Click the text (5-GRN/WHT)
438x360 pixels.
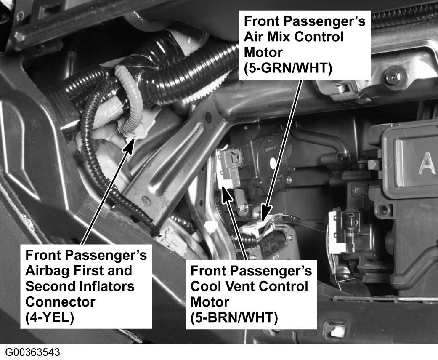pyautogui.click(x=288, y=68)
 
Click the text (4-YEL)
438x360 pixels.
pyautogui.click(x=50, y=317)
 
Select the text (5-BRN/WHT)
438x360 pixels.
pyautogui.click(x=234, y=317)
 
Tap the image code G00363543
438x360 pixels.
pyautogui.click(x=32, y=352)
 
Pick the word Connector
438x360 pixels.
pyautogui.click(x=60, y=302)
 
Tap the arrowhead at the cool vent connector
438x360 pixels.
pyautogui.click(x=227, y=194)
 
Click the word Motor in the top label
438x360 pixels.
pyautogui.click(x=263, y=52)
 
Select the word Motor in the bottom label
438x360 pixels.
pyautogui.click(x=210, y=302)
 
